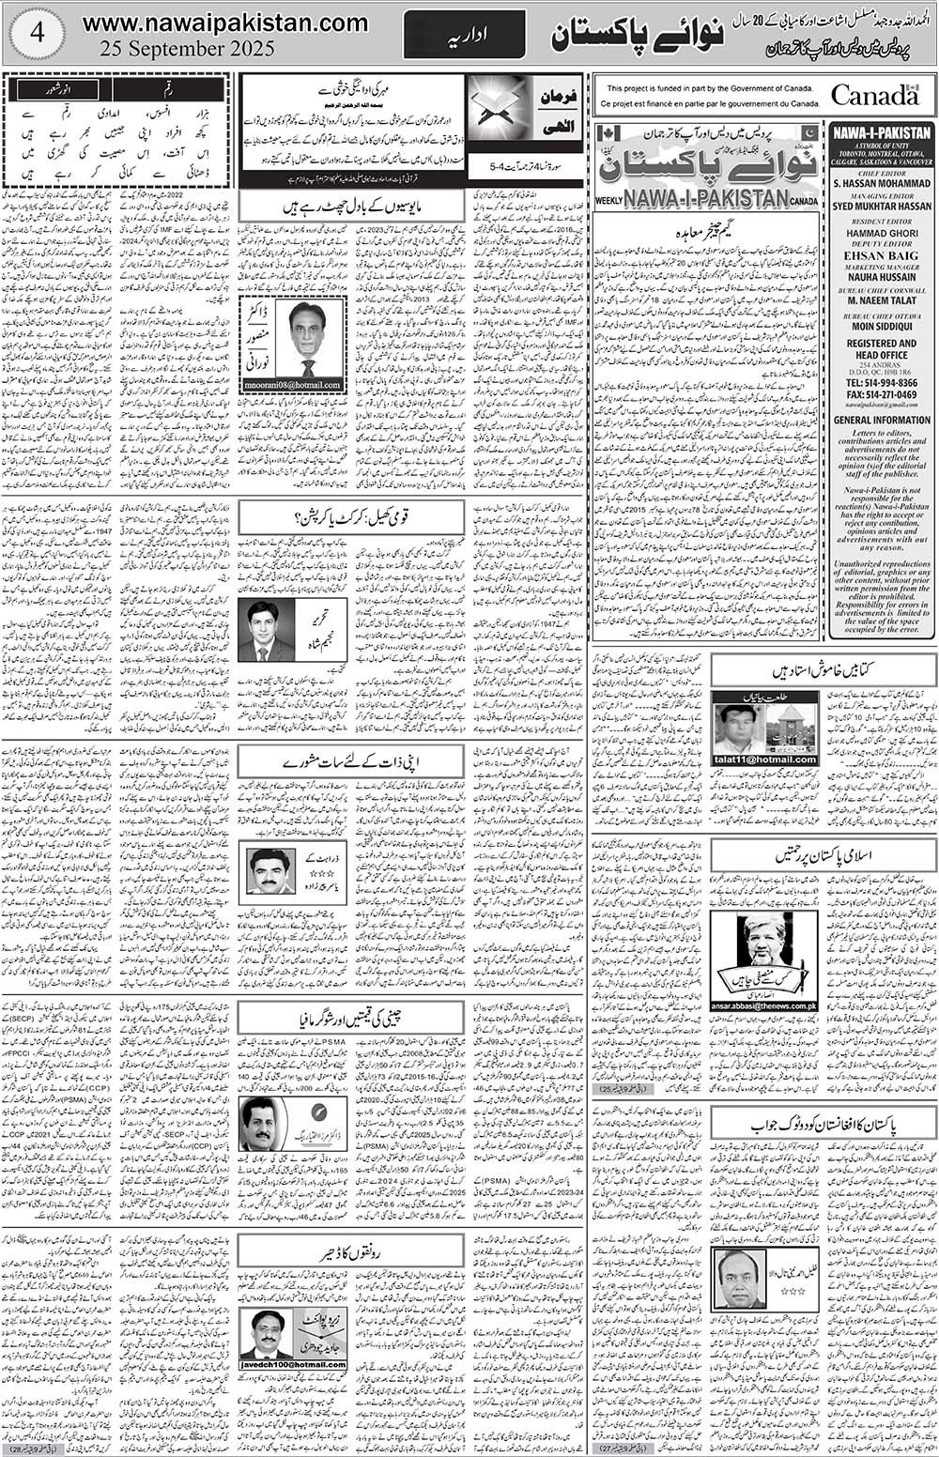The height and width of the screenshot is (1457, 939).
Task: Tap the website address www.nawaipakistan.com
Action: (x=224, y=22)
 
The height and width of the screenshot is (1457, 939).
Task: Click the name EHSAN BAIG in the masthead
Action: (x=882, y=254)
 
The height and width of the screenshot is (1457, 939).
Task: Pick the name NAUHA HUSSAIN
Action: (x=882, y=279)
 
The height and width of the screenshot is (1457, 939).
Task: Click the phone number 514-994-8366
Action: (x=892, y=383)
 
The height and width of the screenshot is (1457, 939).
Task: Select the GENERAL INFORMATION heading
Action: (x=882, y=420)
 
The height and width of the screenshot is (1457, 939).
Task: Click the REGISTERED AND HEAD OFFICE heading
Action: (x=882, y=351)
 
